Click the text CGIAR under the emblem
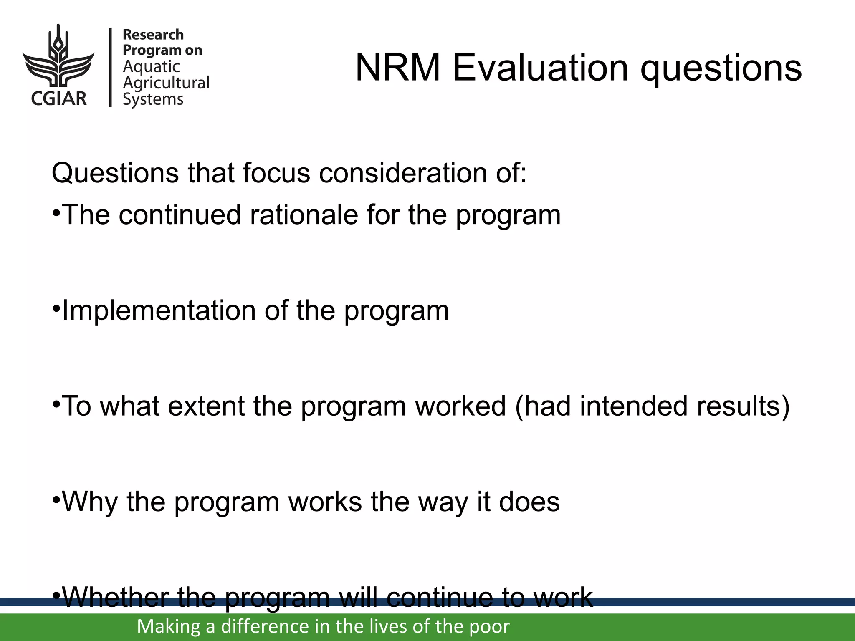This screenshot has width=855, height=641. click(59, 99)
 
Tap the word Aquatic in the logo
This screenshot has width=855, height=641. click(151, 67)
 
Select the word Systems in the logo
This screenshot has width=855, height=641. click(153, 99)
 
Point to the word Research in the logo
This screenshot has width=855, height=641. click(153, 35)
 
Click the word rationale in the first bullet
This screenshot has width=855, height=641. click(304, 215)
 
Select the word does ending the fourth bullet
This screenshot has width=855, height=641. click(529, 502)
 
